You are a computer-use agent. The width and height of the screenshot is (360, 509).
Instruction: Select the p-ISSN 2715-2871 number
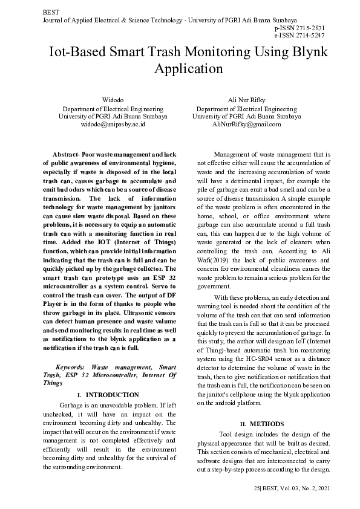(299, 28)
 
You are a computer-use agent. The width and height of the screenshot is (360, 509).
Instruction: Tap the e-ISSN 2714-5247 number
(299, 36)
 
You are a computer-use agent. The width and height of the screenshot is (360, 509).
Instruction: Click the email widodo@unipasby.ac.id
(113, 125)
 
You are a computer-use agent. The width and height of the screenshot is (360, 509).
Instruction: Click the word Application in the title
(189, 68)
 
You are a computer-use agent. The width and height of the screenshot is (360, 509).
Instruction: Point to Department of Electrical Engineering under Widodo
(113, 108)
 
